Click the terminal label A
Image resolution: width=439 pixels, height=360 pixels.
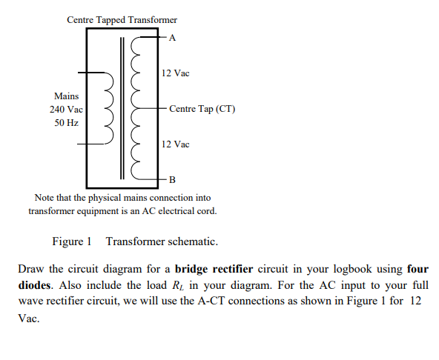click(x=173, y=36)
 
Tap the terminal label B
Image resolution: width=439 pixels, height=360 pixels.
click(x=173, y=180)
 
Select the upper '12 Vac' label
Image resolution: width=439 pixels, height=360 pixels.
click(x=175, y=73)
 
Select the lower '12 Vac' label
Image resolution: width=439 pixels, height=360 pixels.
click(x=175, y=144)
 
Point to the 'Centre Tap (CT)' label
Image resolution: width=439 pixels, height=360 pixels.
click(x=202, y=109)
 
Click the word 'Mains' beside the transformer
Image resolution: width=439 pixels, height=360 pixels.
click(x=67, y=96)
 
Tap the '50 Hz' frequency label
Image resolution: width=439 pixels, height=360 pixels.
click(x=67, y=122)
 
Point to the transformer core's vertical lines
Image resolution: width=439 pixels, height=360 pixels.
click(x=122, y=107)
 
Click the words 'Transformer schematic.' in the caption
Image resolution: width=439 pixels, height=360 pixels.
click(x=162, y=241)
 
